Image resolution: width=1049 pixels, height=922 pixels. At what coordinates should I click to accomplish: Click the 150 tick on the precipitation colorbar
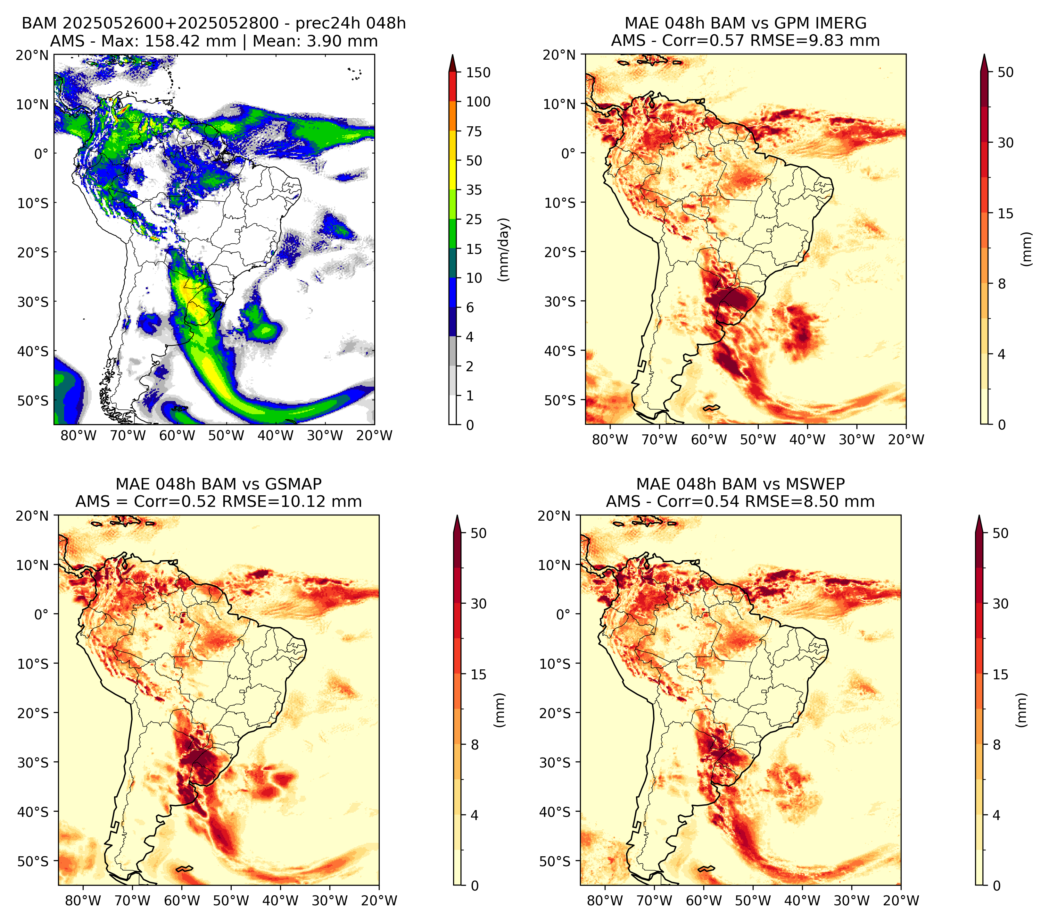[x=478, y=72]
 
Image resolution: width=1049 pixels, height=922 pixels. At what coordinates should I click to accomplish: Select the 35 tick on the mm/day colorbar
[x=474, y=190]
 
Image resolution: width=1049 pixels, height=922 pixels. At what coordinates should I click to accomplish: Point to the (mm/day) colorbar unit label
[x=504, y=249]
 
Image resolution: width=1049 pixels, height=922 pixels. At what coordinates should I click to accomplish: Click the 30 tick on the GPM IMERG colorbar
[x=1005, y=143]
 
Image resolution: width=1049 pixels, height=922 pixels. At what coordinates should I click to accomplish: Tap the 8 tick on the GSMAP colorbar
[x=474, y=745]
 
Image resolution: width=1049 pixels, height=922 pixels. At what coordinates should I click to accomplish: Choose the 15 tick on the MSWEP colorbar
[x=1000, y=675]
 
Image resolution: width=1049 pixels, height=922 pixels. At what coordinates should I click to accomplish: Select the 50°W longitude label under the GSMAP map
[x=231, y=901]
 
